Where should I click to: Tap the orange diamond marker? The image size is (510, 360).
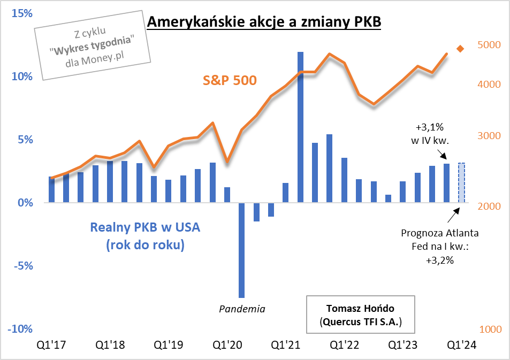pyautogui.click(x=460, y=49)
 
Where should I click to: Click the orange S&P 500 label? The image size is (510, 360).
pyautogui.click(x=230, y=81)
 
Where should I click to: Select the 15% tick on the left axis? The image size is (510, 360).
pyautogui.click(x=19, y=13)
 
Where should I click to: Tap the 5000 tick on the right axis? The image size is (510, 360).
pyautogui.click(x=489, y=45)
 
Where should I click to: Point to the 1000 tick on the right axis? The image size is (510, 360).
pyautogui.click(x=489, y=330)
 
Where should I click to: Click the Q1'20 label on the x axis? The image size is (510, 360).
pyautogui.click(x=227, y=345)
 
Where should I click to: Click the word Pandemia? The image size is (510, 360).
pyautogui.click(x=242, y=309)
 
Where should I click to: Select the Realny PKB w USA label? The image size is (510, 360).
pyautogui.click(x=145, y=227)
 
